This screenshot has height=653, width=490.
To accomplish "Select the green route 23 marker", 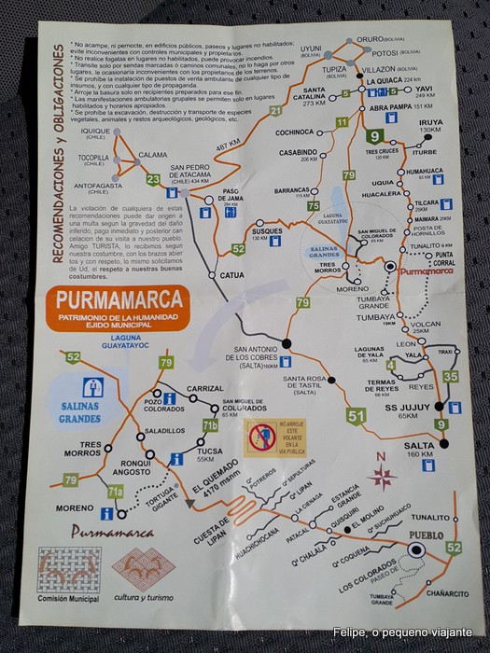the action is (x=153, y=179).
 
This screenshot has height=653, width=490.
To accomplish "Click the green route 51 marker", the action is (x=355, y=416).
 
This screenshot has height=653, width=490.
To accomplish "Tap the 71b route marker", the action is (x=211, y=428).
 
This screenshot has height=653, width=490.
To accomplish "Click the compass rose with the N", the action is (x=381, y=477).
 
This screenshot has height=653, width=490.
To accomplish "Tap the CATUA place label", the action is (x=231, y=275).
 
